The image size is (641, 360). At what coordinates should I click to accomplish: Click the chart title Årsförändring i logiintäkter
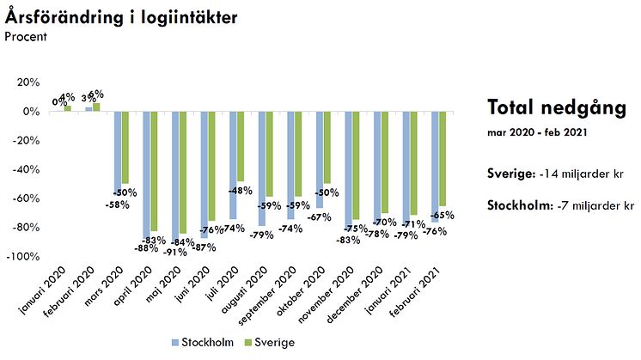[x=121, y=16]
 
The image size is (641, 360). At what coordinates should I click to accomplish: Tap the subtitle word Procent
[x=26, y=36]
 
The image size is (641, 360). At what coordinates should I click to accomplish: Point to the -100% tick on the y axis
[x=22, y=257]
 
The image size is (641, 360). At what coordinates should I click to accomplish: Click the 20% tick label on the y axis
[x=27, y=82]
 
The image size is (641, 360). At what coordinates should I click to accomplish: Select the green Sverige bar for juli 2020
[x=241, y=146]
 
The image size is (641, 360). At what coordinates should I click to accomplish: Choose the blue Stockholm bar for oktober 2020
[x=320, y=160]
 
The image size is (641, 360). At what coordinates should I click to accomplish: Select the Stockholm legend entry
[x=205, y=342]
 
